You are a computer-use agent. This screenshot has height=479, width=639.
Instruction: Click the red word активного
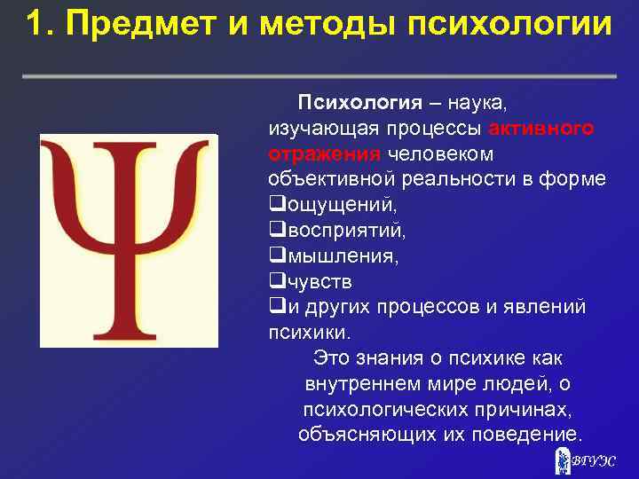coord(541,128)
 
